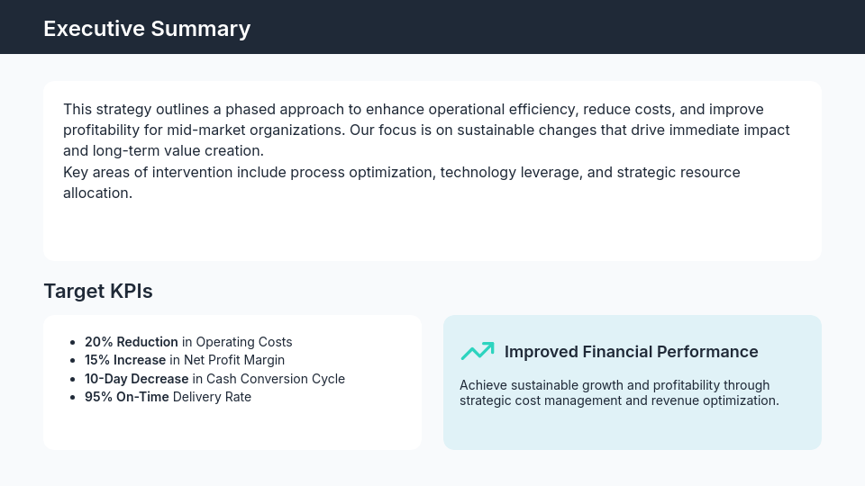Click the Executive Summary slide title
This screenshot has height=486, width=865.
point(147,29)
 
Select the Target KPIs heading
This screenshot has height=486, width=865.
point(98,292)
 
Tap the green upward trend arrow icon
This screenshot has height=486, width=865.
point(478,351)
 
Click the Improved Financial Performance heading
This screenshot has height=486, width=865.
point(631,352)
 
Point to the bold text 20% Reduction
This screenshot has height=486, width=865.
point(132,342)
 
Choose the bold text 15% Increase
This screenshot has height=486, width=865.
point(125,360)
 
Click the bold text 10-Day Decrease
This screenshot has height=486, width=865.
point(137,379)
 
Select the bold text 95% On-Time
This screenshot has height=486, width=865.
point(127,397)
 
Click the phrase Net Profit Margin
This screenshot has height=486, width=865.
point(234,360)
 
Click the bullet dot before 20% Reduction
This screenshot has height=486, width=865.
point(72,343)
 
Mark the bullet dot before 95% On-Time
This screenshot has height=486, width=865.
point(72,398)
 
